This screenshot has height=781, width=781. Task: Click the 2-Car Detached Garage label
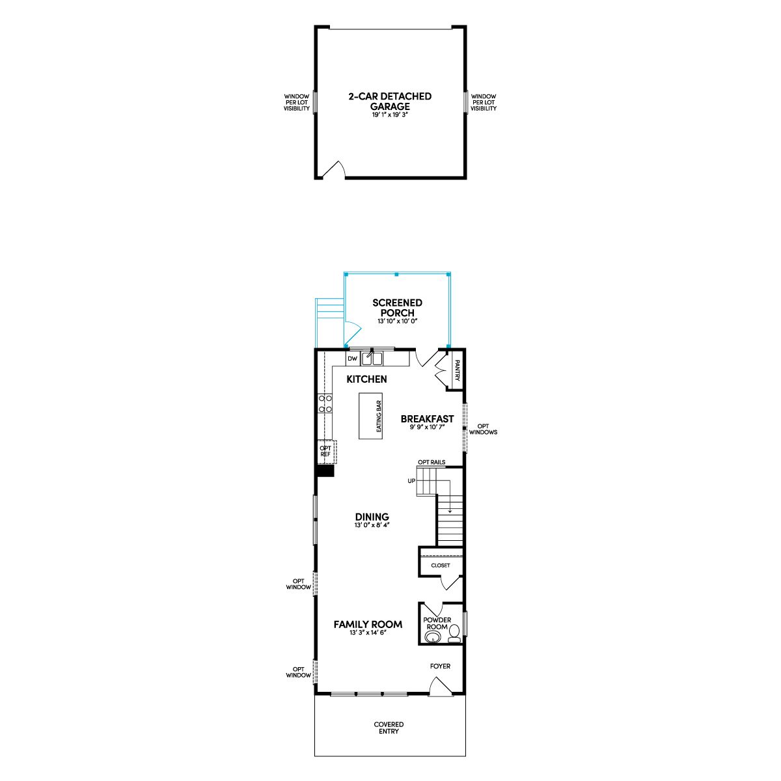[389, 102]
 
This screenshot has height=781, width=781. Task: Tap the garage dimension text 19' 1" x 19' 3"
[389, 115]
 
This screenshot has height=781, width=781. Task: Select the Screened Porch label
[397, 308]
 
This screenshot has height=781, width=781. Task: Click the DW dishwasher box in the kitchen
[353, 358]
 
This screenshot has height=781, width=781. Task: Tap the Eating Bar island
[370, 416]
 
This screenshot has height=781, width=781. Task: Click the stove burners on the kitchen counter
[325, 404]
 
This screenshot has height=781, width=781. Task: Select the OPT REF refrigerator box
[326, 452]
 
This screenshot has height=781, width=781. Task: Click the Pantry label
[458, 370]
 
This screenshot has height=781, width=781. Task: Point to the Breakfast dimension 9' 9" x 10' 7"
[427, 427]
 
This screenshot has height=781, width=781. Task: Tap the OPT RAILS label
[432, 462]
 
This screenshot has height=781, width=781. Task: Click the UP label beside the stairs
[411, 481]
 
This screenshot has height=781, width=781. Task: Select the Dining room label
[372, 517]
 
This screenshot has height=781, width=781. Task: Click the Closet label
[440, 566]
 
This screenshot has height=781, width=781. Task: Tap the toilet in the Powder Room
[454, 633]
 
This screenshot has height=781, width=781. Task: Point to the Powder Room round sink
[432, 638]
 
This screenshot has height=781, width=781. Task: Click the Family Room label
[368, 625]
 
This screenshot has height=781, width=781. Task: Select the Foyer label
[440, 666]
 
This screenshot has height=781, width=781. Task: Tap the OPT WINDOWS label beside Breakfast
[483, 429]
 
